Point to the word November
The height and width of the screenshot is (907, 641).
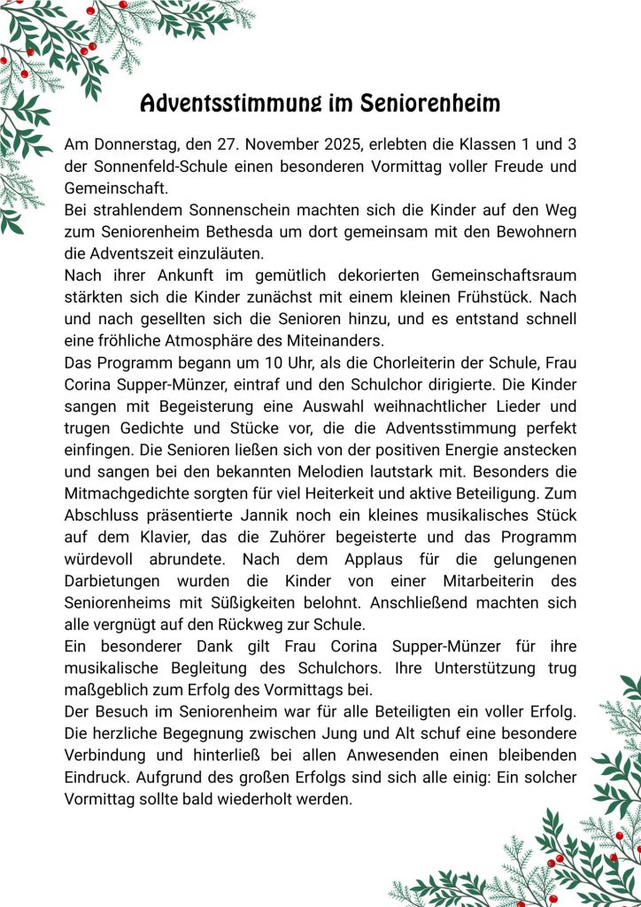284,143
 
